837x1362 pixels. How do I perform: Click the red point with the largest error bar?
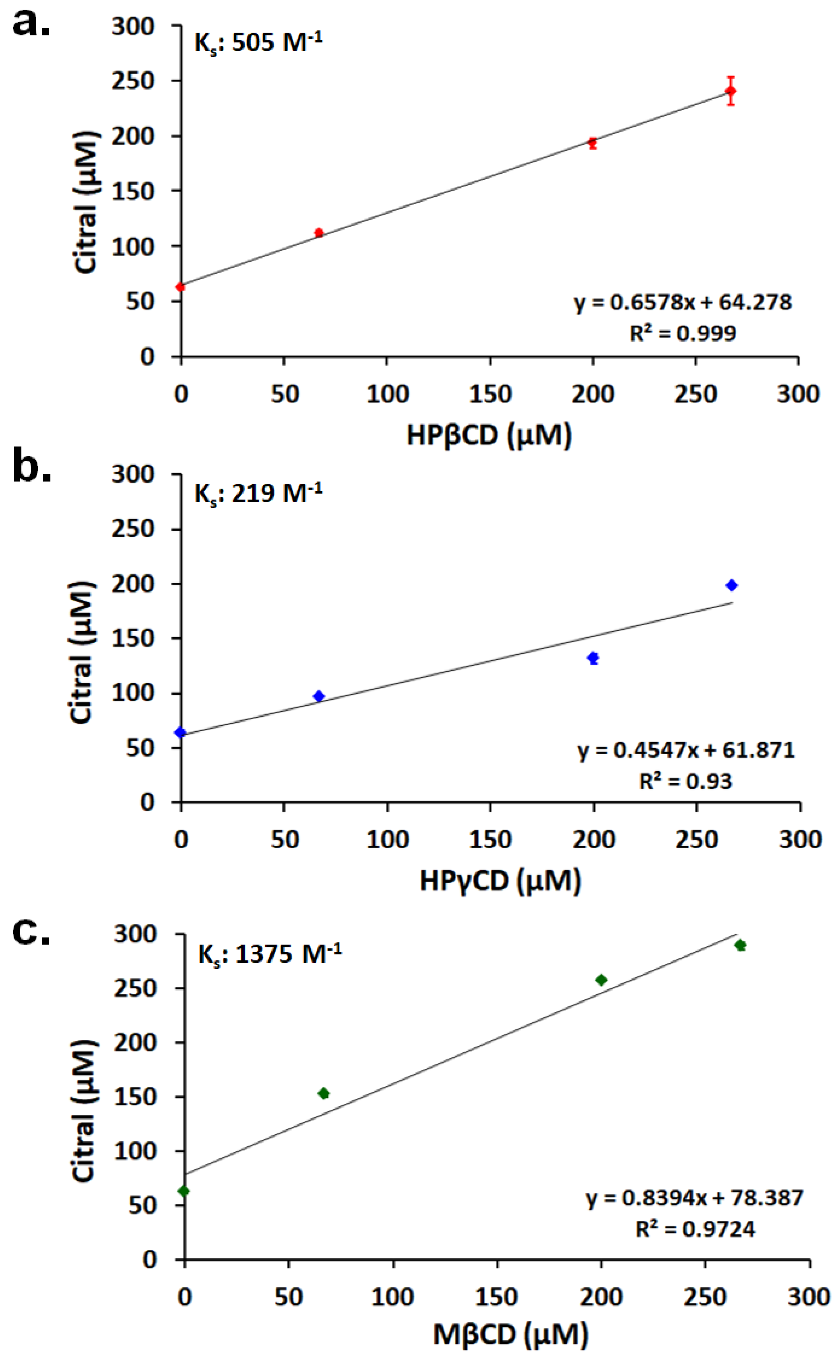(731, 91)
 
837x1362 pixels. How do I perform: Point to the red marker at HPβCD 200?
(592, 143)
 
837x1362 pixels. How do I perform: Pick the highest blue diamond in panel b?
(732, 585)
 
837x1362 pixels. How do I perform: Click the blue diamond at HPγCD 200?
(593, 658)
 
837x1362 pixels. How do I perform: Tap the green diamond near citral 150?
(324, 1093)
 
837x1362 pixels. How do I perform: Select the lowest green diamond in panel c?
(184, 1191)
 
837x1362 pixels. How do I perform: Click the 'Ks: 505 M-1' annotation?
(258, 42)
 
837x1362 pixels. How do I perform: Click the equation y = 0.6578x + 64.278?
(683, 302)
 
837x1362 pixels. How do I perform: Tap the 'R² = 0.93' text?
(685, 781)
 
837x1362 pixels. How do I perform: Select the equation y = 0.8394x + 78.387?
(694, 1198)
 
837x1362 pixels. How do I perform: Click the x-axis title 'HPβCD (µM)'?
(489, 435)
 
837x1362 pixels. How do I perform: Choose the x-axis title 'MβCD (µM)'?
(510, 1337)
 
